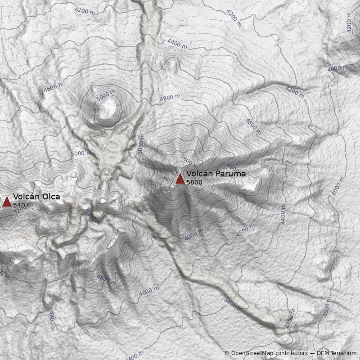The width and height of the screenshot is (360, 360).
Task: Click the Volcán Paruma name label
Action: click(216, 174)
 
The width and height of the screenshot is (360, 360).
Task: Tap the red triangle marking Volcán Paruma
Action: click(180, 179)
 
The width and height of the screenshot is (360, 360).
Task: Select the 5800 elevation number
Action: click(194, 182)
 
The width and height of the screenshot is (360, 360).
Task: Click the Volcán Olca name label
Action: click(36, 197)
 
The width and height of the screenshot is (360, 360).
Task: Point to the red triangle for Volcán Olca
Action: click(7, 202)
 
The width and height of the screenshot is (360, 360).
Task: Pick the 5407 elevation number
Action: click(21, 205)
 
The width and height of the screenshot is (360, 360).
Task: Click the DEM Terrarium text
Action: click(337, 353)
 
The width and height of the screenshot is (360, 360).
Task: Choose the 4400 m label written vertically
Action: click(283, 214)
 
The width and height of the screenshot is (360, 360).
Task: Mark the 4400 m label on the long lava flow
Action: click(233, 305)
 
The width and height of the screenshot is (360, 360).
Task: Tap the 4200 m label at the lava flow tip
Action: click(290, 319)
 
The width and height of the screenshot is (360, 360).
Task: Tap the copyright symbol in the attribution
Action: click(227, 353)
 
